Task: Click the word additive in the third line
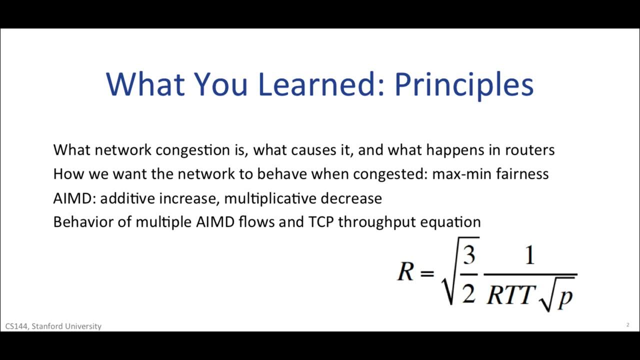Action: [x=127, y=198]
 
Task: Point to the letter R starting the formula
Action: [x=405, y=273]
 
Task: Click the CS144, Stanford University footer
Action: [x=53, y=326]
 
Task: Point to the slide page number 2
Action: [x=627, y=325]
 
